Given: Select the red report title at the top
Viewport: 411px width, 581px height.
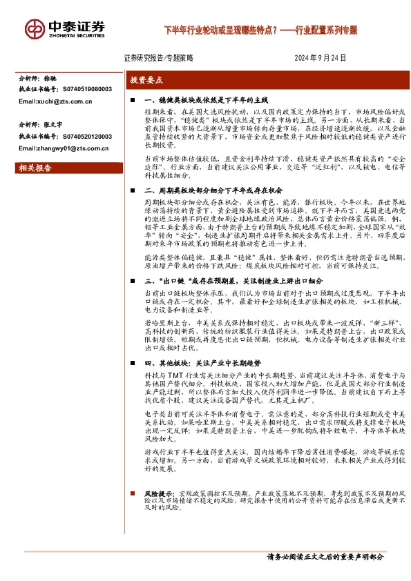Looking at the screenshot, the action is tap(260, 30).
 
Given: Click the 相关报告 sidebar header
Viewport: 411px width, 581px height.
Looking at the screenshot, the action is tap(33, 168).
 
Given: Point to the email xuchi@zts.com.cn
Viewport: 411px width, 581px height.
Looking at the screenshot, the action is tap(55, 101).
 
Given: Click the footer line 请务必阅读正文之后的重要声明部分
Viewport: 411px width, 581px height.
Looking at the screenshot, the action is tap(325, 557).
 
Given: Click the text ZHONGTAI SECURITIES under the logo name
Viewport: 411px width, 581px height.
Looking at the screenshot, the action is tap(76, 35).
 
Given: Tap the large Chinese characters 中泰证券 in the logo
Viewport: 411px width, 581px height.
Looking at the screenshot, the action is tap(76, 26).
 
